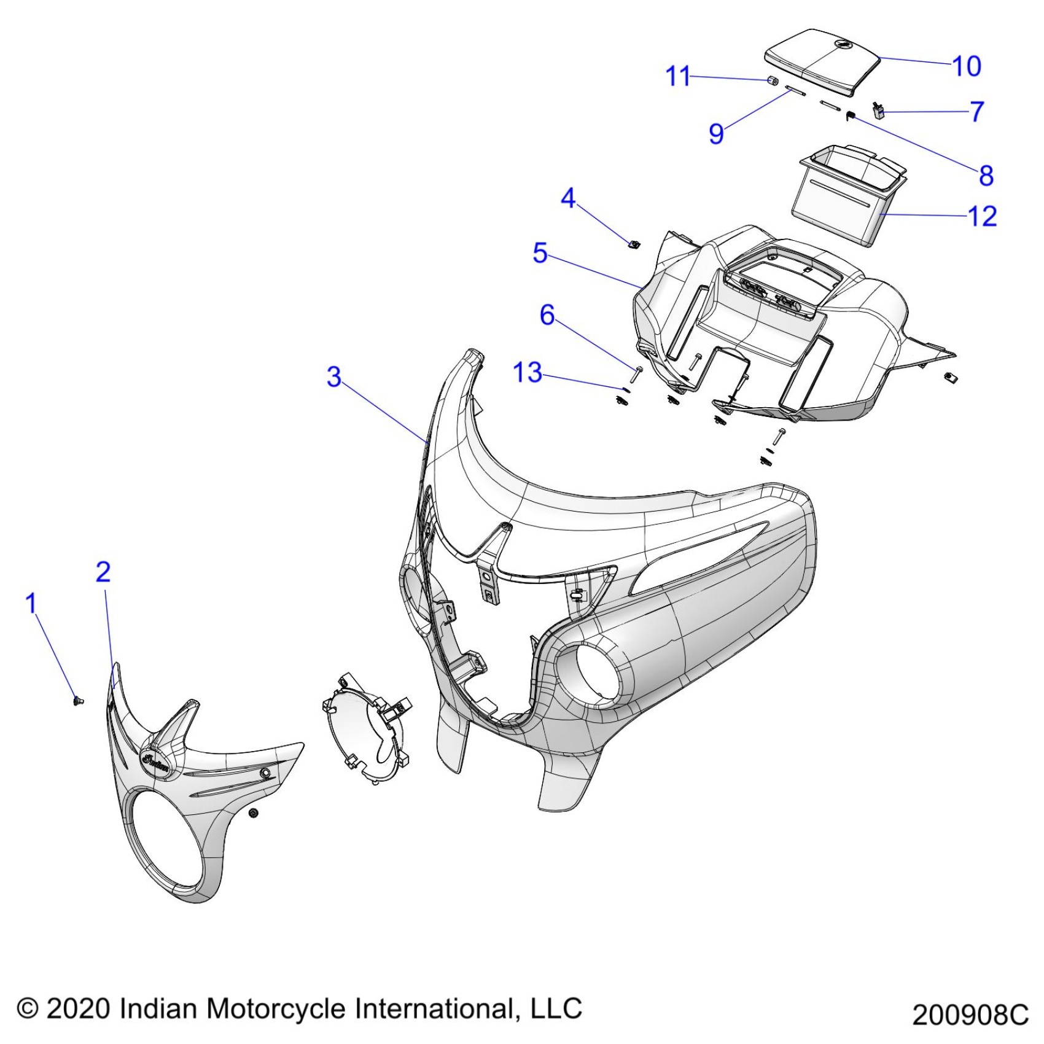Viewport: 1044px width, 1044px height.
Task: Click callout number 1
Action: click(x=31, y=604)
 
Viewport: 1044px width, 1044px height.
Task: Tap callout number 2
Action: click(x=103, y=572)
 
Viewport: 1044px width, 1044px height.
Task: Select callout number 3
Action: click(x=333, y=376)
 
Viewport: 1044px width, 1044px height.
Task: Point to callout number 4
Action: click(x=568, y=198)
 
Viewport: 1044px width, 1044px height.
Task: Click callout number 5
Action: click(x=540, y=253)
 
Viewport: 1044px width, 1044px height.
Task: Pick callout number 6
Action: click(x=547, y=315)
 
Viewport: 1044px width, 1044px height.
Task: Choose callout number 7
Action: click(x=977, y=111)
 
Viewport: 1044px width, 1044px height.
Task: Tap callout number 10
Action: click(x=967, y=66)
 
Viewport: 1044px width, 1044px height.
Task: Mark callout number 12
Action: click(x=982, y=216)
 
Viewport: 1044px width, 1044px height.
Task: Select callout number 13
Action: click(x=528, y=373)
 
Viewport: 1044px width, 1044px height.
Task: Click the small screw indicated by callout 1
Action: click(x=78, y=701)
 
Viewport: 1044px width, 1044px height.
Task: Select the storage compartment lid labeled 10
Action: click(x=823, y=60)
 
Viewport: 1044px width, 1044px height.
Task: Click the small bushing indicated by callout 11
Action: click(x=773, y=80)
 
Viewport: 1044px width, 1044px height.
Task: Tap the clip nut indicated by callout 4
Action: click(x=634, y=244)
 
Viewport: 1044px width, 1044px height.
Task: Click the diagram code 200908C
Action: click(x=970, y=1015)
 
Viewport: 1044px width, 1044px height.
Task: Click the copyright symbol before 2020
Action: click(x=28, y=1009)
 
